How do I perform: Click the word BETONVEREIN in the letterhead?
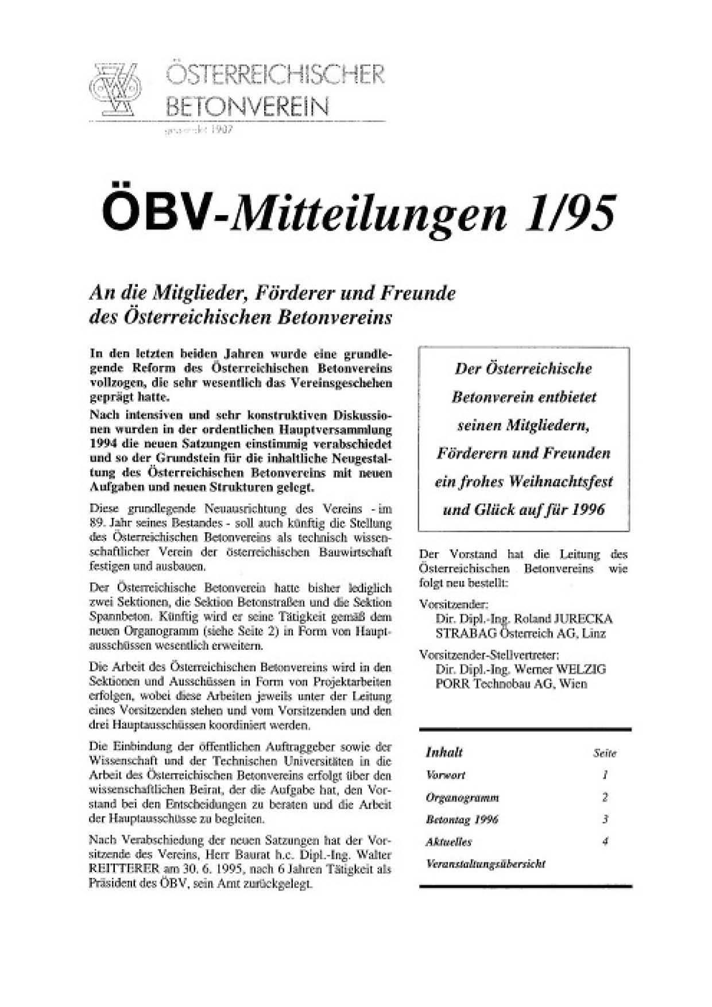click(x=248, y=106)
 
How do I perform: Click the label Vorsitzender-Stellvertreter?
click(x=490, y=654)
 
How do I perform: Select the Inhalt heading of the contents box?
click(x=444, y=752)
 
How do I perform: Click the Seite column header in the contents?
click(x=605, y=753)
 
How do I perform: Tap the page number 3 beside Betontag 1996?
click(x=605, y=819)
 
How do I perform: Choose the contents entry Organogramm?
click(x=462, y=797)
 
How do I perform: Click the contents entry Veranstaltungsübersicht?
click(x=485, y=863)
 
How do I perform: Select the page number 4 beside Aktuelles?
click(x=605, y=842)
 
